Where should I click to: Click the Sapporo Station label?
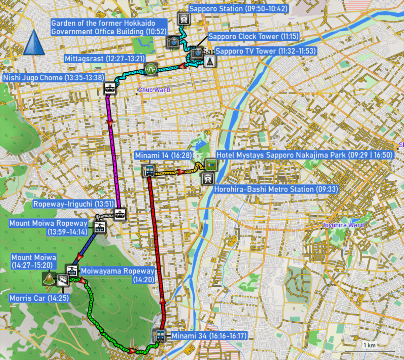[238, 9]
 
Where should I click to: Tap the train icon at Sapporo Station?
[183, 19]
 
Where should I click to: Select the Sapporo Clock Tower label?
[253, 36]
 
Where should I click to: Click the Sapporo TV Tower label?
[266, 51]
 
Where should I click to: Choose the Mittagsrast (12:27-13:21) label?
[105, 59]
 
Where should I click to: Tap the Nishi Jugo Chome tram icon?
[110, 89]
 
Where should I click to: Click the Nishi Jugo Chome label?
[54, 78]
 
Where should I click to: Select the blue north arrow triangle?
[34, 43]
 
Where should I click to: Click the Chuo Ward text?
[154, 90]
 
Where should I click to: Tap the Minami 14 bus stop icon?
[149, 171]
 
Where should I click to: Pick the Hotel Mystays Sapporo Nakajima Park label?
[305, 155]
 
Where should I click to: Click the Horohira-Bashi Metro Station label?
[276, 189]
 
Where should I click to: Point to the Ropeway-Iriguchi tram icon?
[120, 214]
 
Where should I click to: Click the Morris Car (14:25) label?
[39, 298]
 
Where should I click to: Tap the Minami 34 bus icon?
[160, 336]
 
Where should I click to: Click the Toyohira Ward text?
[343, 225]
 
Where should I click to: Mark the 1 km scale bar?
[369, 350]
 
